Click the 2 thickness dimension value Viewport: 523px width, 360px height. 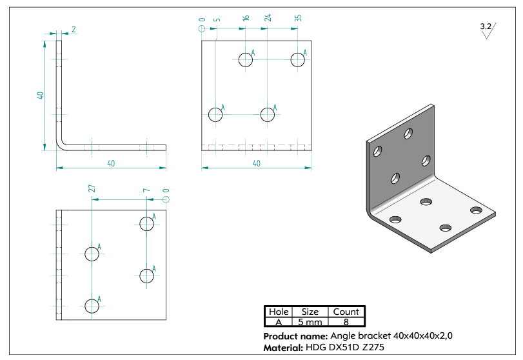point(74,29)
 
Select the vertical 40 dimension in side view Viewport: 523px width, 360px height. point(40,95)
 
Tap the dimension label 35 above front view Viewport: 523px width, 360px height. point(298,18)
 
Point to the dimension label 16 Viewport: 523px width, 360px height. point(246,18)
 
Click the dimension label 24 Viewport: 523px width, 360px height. point(268,17)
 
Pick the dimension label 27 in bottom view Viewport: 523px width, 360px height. point(92,188)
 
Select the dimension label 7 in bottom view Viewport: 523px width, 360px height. point(146,190)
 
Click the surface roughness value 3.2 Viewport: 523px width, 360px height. point(486,26)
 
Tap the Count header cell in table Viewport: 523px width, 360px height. point(346,312)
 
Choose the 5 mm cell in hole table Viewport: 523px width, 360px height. point(310,322)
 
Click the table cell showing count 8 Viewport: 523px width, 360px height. point(346,322)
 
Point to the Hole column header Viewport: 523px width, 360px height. point(279,312)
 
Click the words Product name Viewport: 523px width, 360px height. point(295,336)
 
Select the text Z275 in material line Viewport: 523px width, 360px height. point(373,347)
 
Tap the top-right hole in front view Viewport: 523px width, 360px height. point(297,60)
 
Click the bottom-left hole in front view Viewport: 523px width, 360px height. point(215,114)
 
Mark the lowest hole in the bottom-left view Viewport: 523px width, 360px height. point(92,306)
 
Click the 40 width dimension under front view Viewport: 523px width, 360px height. point(257,163)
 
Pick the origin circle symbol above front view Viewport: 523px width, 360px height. point(202,28)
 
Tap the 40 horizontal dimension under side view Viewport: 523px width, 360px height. point(111,163)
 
